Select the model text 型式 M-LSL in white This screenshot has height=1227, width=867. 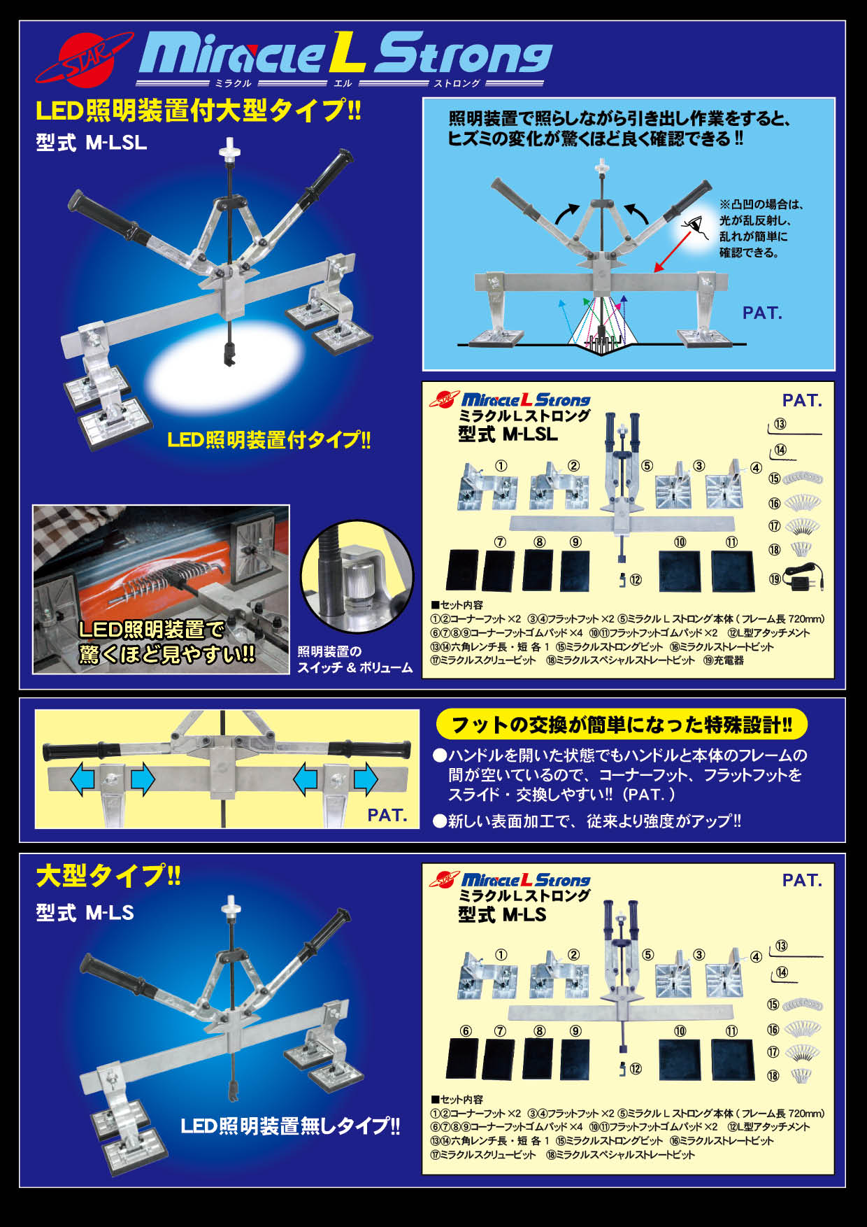pos(91,143)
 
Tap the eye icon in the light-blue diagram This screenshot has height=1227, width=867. pos(692,225)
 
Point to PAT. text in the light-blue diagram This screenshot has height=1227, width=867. pos(762,313)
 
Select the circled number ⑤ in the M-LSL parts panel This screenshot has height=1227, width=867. pos(647,465)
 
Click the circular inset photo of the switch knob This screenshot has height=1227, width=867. pos(357,576)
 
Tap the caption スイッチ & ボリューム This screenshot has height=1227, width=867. pos(354,667)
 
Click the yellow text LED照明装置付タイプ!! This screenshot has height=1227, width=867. pos(268,440)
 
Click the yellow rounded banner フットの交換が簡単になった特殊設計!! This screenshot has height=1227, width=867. pos(621,724)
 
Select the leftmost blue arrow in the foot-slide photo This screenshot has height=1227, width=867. pos(83,779)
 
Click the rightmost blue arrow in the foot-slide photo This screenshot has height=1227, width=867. pos(366,779)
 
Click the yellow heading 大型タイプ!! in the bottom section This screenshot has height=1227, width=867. pos(108,876)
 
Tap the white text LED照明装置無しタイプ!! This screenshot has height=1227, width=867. pos(290,1126)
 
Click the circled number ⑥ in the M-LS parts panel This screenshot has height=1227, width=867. pos(466,1030)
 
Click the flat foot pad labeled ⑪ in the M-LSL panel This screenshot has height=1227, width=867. pos(733,571)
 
